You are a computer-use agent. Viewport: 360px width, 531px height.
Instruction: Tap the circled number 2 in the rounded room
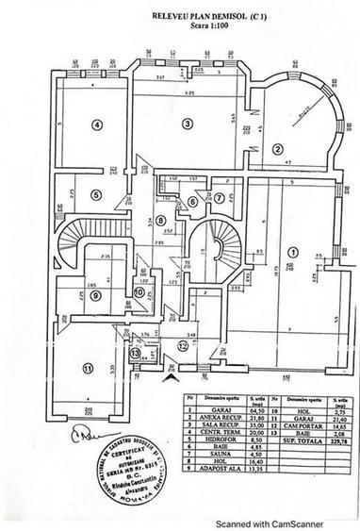coord(278,148)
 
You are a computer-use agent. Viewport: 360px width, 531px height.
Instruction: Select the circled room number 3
coord(187,123)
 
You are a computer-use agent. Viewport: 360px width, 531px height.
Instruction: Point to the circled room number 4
coord(96,124)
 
